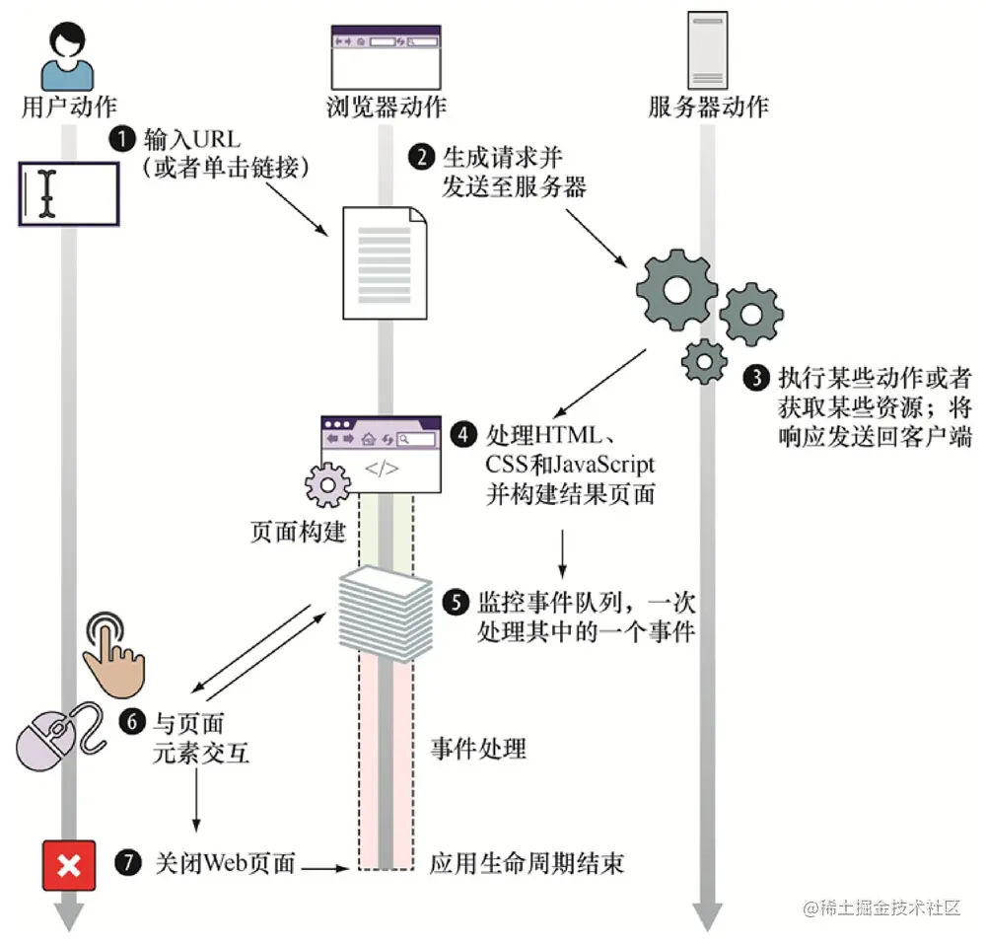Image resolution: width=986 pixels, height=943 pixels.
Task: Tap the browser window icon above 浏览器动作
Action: point(386,55)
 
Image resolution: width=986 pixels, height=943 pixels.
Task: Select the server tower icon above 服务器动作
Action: point(707,51)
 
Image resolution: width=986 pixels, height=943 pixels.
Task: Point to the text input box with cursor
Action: point(69,193)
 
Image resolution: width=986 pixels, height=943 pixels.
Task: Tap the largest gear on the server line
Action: point(676,287)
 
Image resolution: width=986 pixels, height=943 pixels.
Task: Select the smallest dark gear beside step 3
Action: point(704,362)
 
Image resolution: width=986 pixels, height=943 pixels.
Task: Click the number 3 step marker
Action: point(756,378)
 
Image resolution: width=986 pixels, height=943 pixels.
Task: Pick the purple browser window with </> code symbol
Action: point(382,453)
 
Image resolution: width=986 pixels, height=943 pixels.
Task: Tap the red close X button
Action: point(69,866)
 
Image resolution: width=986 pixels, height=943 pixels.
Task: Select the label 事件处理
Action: point(478,749)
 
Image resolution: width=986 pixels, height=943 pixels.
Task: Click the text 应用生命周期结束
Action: point(527,865)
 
